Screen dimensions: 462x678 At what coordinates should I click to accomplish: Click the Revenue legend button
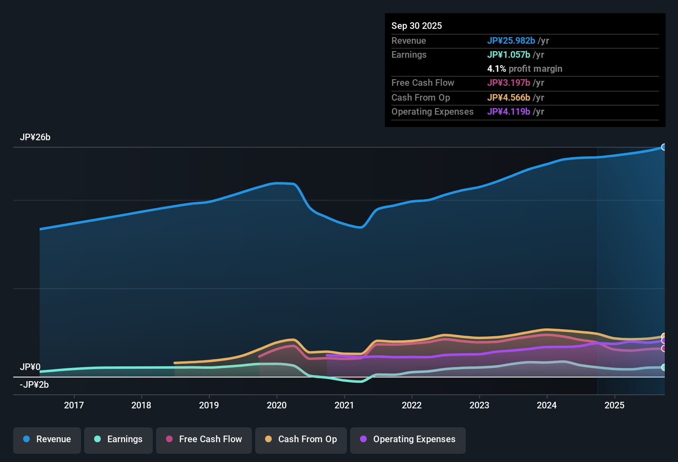[47, 439]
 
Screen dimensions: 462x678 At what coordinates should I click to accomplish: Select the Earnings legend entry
[119, 439]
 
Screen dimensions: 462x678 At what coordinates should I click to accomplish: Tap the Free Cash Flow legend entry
[204, 439]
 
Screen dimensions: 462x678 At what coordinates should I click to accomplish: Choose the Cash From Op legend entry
[301, 439]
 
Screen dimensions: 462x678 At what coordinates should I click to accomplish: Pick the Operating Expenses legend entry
[408, 439]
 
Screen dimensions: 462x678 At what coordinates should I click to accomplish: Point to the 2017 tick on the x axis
[74, 405]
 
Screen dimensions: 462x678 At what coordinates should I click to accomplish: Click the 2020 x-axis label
[277, 405]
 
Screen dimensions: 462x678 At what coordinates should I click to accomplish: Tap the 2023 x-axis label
[479, 405]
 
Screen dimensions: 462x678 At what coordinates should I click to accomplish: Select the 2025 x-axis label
[614, 405]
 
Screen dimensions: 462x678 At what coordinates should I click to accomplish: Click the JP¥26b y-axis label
[35, 137]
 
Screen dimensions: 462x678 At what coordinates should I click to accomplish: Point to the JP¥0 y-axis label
[30, 367]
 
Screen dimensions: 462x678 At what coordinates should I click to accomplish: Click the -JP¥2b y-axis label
[34, 385]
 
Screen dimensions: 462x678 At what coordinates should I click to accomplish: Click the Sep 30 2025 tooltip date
[417, 26]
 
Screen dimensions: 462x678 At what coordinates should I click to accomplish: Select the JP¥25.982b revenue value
[511, 40]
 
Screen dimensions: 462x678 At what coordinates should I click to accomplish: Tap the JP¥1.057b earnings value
[509, 54]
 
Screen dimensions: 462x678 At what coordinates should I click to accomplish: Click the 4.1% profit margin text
[525, 69]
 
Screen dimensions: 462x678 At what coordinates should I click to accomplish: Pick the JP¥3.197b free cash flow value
[509, 82]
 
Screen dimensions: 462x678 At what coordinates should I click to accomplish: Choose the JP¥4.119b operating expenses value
[509, 111]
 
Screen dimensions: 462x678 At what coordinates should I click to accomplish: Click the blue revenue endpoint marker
[664, 147]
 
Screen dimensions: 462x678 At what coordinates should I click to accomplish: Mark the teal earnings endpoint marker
[664, 367]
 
